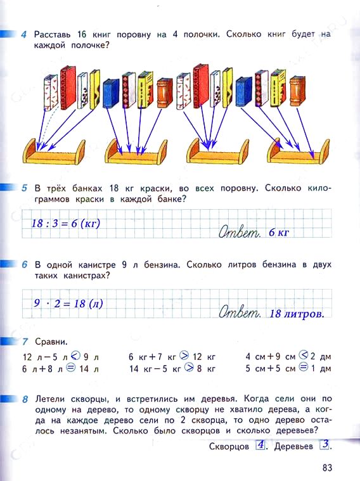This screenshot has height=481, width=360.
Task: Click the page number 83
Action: click(327, 468)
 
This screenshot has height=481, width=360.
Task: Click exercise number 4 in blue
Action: click(24, 34)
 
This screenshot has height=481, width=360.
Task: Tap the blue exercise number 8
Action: click(25, 399)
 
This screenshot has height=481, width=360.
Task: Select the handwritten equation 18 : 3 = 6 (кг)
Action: click(66, 223)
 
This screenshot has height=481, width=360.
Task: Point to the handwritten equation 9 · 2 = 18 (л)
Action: click(68, 304)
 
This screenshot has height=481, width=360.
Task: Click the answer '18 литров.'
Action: click(297, 314)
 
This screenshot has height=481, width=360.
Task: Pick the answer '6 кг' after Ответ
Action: click(279, 232)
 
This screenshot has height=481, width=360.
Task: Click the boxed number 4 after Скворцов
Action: click(260, 444)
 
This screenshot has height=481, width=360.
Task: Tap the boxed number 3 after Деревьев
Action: click(325, 444)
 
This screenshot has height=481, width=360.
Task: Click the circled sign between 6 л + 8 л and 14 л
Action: click(71, 367)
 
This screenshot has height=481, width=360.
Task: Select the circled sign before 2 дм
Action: click(303, 355)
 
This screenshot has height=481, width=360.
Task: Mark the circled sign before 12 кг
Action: click(184, 356)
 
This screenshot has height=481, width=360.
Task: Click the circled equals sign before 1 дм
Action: click(303, 367)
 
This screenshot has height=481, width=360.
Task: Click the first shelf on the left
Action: click(54, 153)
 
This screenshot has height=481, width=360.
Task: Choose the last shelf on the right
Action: click(299, 152)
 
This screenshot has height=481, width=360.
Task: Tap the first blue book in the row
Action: click(111, 93)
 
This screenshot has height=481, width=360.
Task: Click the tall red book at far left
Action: click(68, 87)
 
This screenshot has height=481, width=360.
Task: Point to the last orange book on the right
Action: click(297, 91)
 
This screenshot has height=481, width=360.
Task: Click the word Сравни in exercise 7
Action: click(51, 341)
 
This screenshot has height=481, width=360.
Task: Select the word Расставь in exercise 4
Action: click(52, 35)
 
